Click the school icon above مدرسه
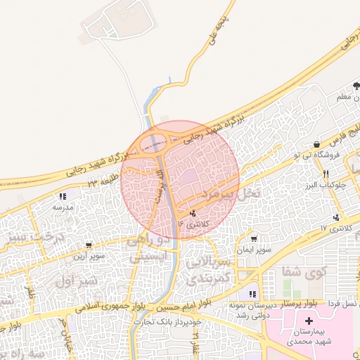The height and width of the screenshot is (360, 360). coord(63,197)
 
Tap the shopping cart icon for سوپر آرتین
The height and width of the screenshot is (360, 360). coord(89,245)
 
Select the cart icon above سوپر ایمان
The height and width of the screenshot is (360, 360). coord(254,239)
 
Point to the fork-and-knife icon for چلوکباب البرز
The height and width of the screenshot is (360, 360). coord(326,174)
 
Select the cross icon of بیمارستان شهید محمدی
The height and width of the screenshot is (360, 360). coord(309,321)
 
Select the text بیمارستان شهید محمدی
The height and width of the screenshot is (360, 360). coord(309,337)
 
